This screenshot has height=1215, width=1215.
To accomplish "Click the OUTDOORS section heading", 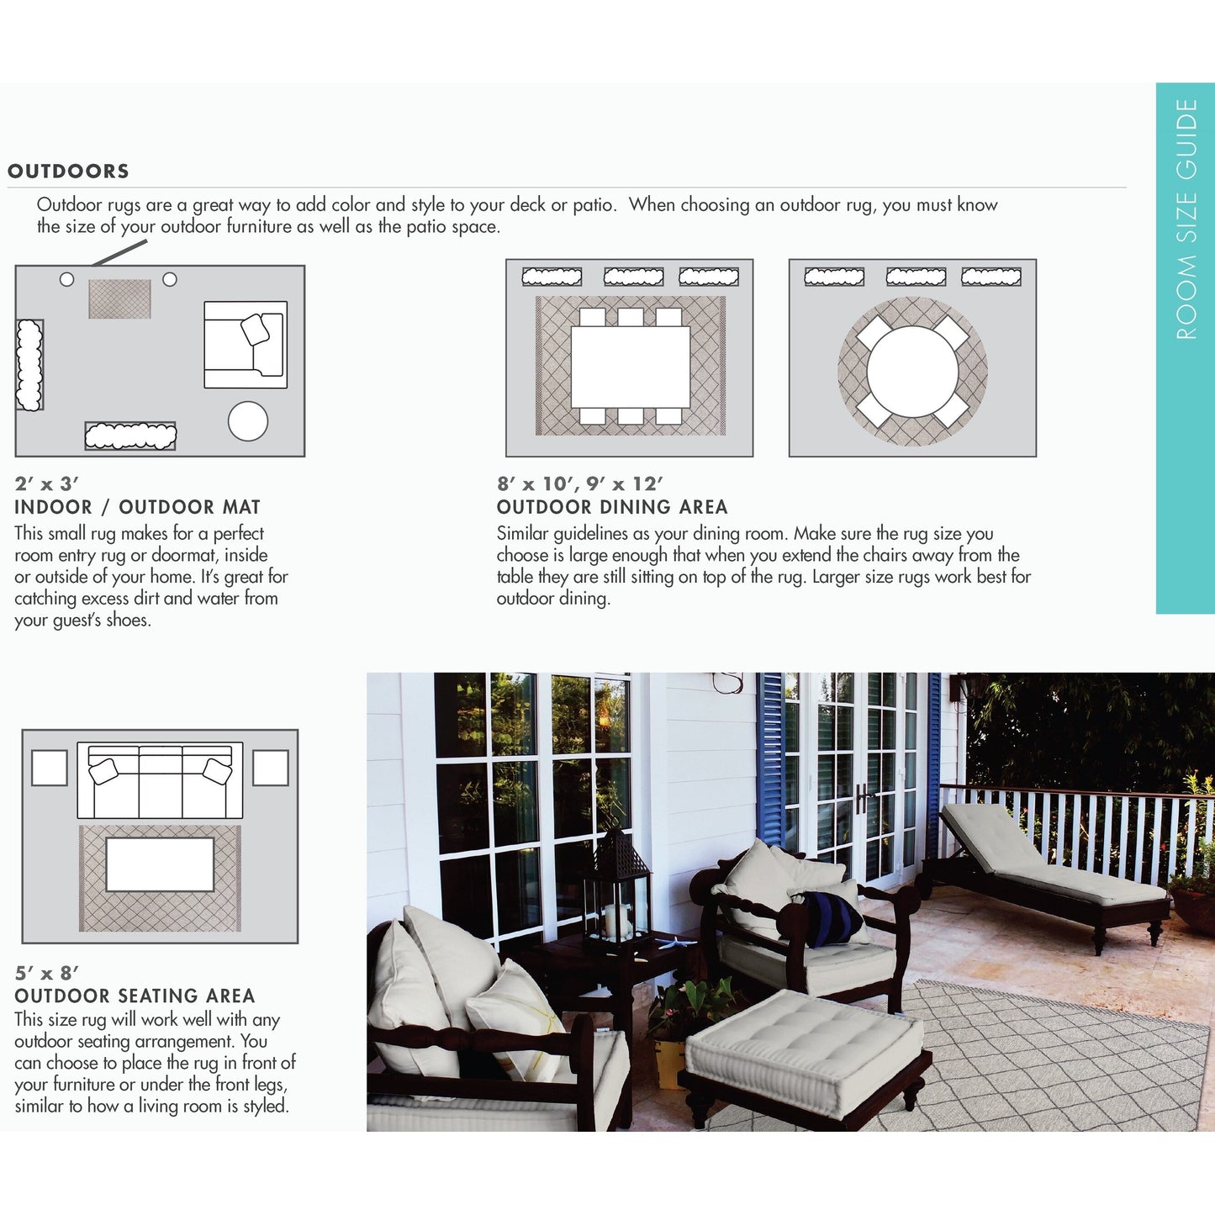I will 68,172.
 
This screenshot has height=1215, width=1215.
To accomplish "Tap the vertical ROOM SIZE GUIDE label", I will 1186,219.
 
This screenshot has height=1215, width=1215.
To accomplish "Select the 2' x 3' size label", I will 46,484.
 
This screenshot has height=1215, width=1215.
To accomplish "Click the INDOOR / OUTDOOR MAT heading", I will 137,507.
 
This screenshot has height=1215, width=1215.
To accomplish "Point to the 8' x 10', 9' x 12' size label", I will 579,484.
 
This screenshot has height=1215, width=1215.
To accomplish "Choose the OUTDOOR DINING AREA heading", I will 611,507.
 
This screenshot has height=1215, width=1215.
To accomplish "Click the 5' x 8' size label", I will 46,973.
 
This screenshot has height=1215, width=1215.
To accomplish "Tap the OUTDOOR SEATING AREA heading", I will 135,996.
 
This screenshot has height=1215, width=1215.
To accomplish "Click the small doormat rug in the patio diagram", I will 119,298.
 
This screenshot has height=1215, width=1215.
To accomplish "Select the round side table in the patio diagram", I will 248,421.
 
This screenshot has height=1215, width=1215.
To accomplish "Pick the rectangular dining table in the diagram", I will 630,367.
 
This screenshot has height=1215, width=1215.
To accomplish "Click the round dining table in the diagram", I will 912,371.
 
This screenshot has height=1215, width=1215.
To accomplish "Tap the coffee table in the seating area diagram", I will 160,864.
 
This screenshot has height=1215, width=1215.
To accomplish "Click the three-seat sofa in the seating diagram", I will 160,780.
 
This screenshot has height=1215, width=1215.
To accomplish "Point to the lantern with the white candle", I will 618,891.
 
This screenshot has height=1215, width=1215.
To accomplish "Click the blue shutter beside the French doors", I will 770,757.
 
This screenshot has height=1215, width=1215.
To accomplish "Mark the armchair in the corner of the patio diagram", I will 246,345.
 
